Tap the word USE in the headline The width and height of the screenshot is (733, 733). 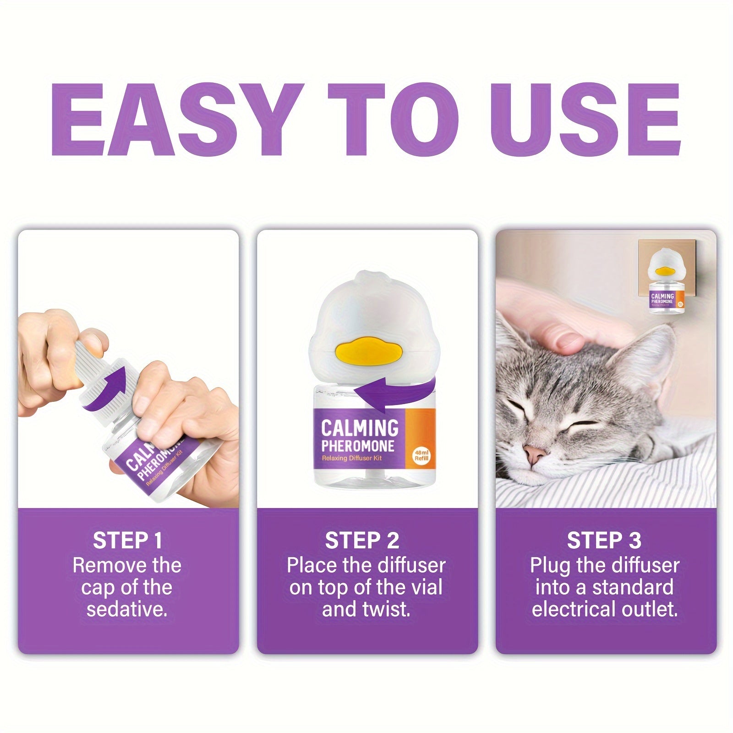pos(585,120)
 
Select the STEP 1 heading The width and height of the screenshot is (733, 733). pos(127,541)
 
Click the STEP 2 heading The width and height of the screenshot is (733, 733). pos(362,541)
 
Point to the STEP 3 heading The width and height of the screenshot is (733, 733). pos(604,541)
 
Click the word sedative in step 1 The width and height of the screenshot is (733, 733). pos(126,610)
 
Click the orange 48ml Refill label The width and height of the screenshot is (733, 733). pos(421,438)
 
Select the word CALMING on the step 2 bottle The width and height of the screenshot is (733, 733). pos(360,428)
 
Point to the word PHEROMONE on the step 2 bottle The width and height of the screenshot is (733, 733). pos(357,446)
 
